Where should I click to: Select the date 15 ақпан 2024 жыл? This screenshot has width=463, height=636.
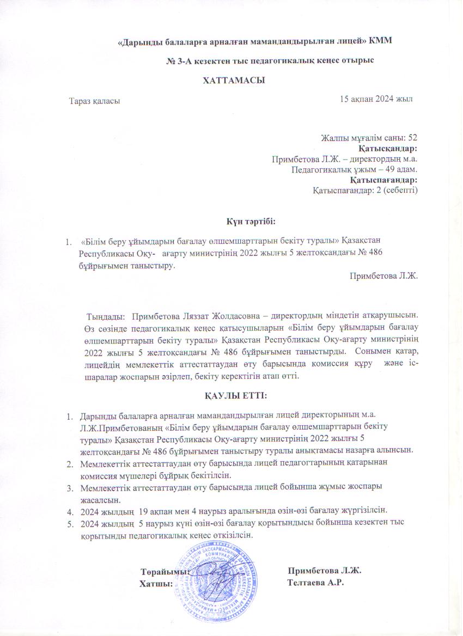coord(376,99)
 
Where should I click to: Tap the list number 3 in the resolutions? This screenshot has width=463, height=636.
coord(70,486)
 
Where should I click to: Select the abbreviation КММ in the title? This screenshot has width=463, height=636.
coord(381,41)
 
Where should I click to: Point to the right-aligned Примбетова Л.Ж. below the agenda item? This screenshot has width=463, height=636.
coord(384,276)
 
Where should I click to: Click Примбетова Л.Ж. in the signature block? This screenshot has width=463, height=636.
coord(325,571)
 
